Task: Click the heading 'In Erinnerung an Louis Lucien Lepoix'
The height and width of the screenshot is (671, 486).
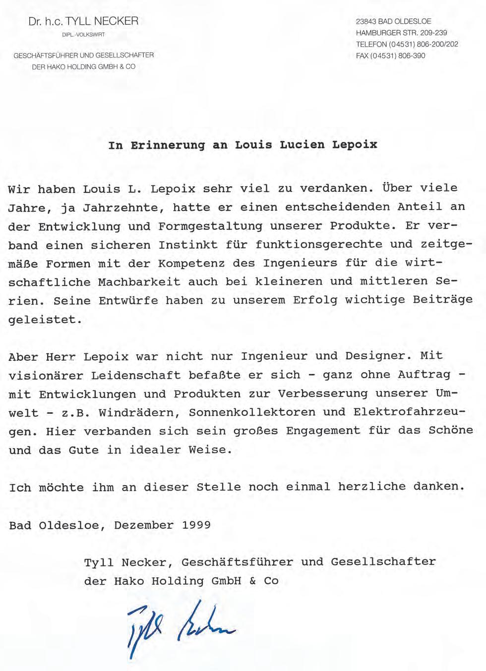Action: point(243,145)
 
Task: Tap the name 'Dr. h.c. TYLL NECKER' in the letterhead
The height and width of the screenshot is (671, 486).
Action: point(83,21)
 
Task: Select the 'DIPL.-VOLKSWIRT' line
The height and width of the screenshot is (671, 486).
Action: point(83,35)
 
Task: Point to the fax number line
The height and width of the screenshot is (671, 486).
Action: point(390,56)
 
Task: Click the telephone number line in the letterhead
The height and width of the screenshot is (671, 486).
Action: point(407,44)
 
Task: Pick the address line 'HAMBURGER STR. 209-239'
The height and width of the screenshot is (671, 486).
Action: point(401,33)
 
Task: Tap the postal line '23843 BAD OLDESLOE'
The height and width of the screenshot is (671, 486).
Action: point(393,21)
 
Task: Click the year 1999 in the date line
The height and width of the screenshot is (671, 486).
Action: point(196,525)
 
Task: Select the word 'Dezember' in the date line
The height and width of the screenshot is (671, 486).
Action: point(144,525)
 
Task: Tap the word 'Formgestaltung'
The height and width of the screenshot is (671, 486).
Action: point(211,226)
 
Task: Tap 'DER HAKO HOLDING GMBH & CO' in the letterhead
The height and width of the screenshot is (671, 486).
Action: point(83,67)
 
